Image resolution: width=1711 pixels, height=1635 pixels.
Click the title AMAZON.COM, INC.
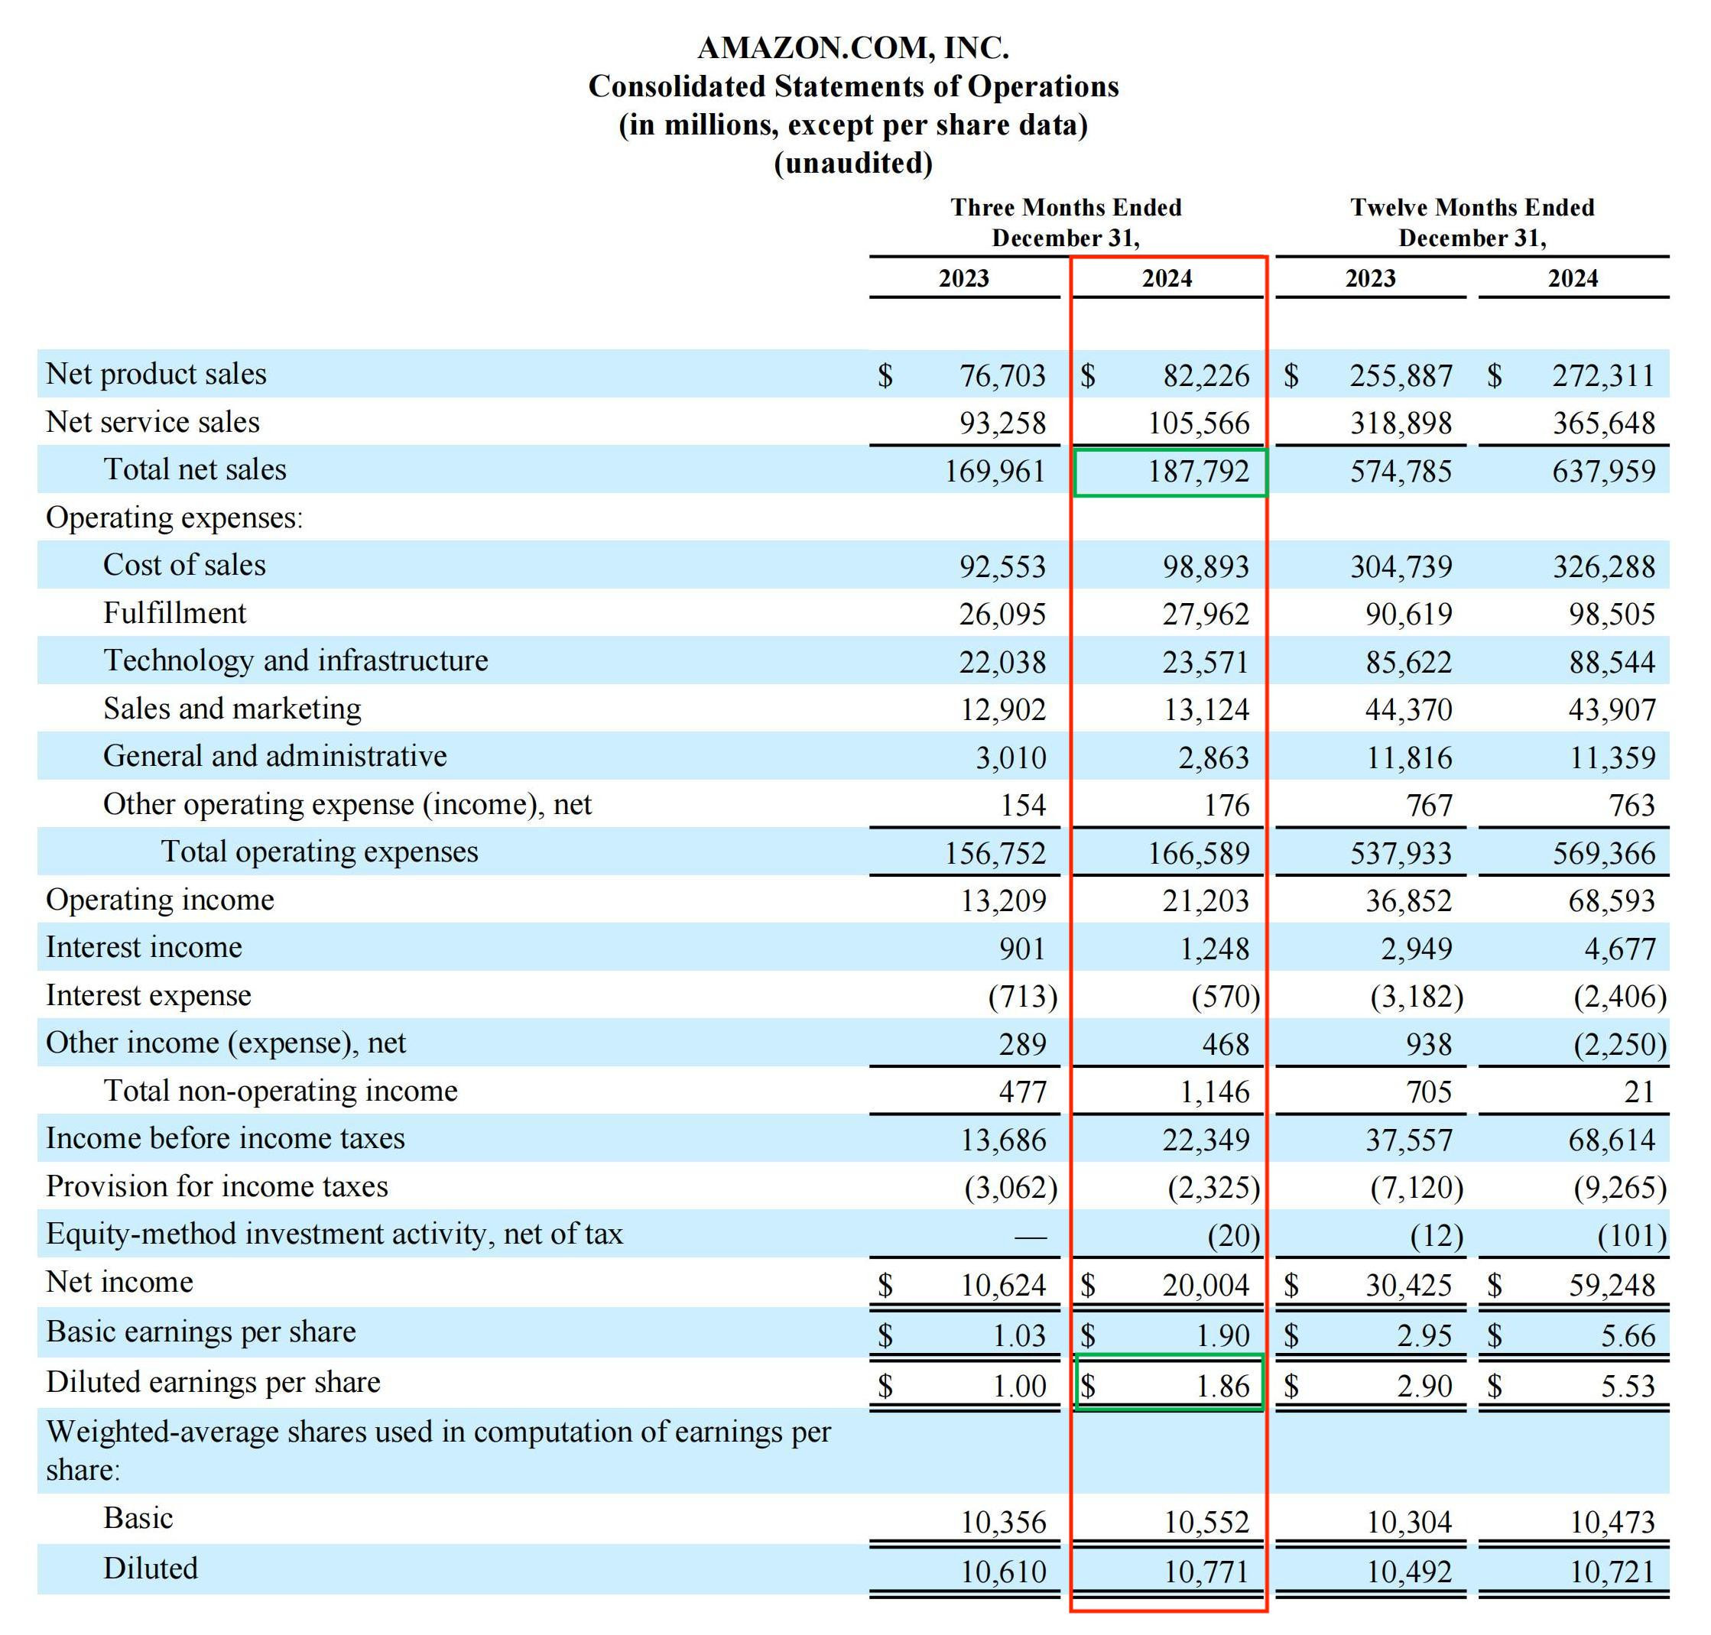[853, 48]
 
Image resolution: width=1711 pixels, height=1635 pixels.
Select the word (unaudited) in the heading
[853, 163]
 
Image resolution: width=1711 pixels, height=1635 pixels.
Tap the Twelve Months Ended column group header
[1472, 207]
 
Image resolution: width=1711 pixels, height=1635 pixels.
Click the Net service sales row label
[153, 422]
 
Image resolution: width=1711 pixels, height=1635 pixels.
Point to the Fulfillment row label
[174, 613]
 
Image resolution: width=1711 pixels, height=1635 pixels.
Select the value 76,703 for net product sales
[1002, 375]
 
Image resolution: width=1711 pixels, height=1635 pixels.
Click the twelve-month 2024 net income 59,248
[1612, 1285]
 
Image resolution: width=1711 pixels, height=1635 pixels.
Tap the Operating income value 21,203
[1206, 900]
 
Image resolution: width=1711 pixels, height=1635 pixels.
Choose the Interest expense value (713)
[1022, 995]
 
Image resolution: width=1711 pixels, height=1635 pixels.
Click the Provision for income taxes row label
[217, 1186]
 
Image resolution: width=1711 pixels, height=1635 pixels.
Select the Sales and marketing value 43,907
[1612, 709]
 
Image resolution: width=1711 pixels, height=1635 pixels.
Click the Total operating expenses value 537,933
[1401, 853]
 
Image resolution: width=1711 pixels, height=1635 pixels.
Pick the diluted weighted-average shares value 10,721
[1612, 1572]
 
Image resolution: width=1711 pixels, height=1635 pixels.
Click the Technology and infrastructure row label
[295, 660]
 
